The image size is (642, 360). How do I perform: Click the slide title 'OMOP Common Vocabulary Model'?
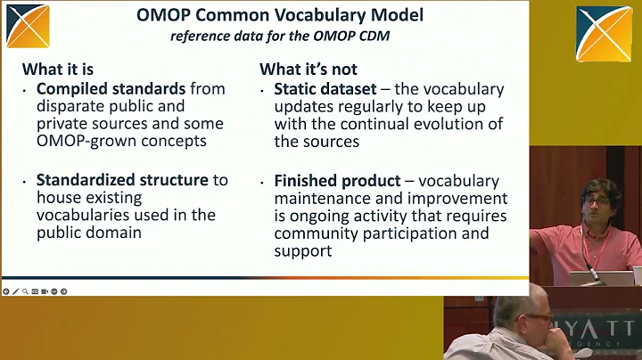[x=280, y=15]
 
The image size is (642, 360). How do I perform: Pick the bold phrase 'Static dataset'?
[x=324, y=89]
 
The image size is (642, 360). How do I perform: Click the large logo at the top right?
[x=604, y=34]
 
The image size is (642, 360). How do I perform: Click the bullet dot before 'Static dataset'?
[x=265, y=90]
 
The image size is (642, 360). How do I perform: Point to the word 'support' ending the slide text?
[x=303, y=251]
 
